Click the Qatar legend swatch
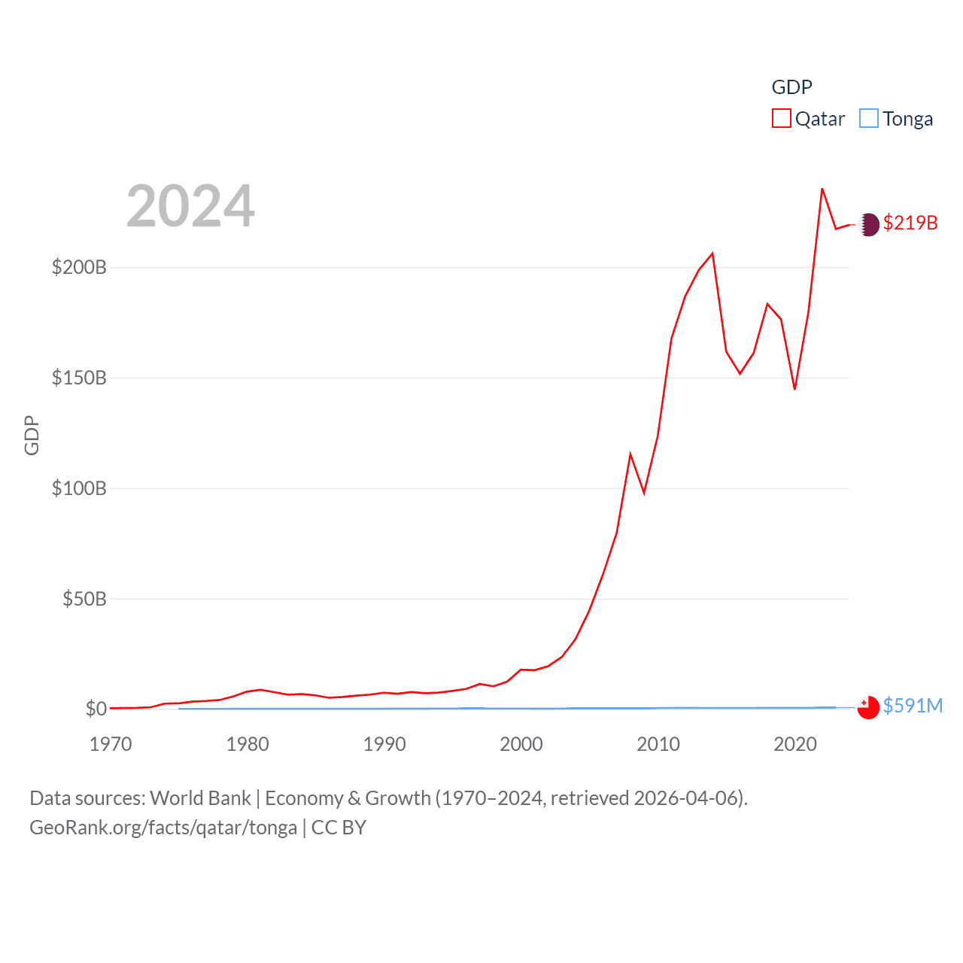point(781,119)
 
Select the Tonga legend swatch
point(868,119)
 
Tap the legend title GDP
point(791,87)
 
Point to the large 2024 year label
point(190,206)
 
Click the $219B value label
point(910,223)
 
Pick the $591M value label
point(913,706)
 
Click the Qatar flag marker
point(869,224)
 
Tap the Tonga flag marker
point(868,708)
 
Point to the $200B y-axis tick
point(79,267)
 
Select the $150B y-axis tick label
point(79,378)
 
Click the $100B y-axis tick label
point(79,488)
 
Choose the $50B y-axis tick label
point(84,599)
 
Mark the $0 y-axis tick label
point(96,709)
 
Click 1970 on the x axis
point(111,744)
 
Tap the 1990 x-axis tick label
point(384,744)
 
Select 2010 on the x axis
point(658,744)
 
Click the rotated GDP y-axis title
point(32,435)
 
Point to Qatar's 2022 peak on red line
point(822,189)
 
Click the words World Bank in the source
point(200,798)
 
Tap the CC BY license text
point(339,828)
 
